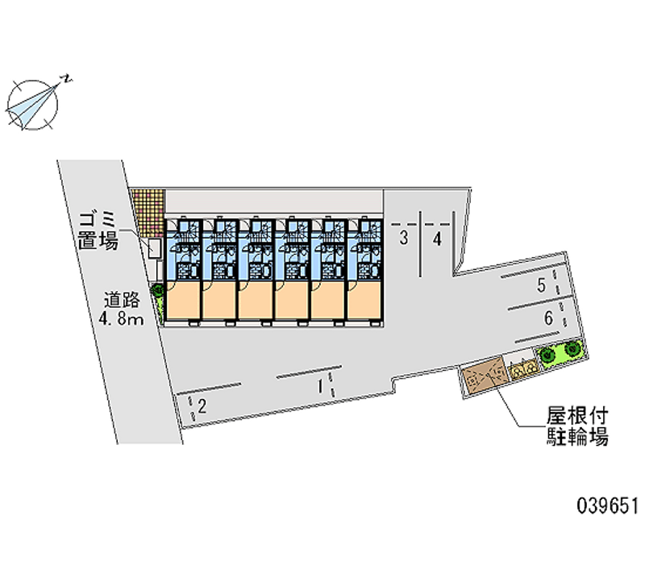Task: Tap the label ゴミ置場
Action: click(x=99, y=230)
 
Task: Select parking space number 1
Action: click(x=320, y=386)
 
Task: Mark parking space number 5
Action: click(x=543, y=284)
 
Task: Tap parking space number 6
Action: click(x=548, y=318)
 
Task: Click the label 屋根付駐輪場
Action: click(x=576, y=427)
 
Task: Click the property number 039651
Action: click(x=606, y=506)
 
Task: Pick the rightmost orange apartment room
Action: click(x=364, y=299)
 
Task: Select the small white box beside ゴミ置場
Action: click(x=154, y=248)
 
